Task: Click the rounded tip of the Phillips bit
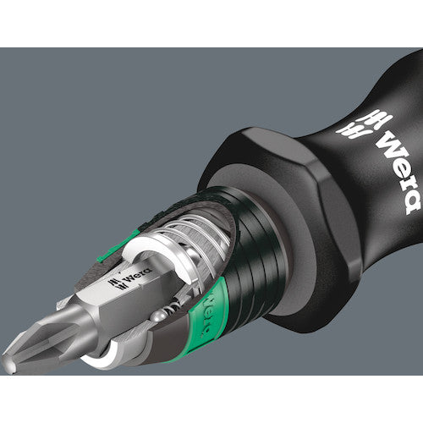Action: tap(9, 365)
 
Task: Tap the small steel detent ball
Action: tap(157, 316)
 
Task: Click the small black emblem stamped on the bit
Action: tap(116, 283)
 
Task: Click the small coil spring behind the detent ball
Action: tap(173, 307)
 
